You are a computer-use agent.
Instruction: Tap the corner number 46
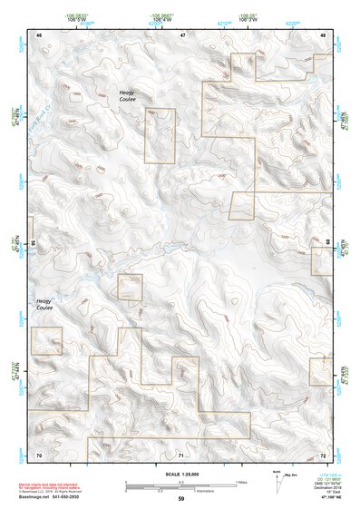[39, 34]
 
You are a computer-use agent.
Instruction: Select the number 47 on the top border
[182, 34]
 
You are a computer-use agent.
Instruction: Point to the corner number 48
[324, 34]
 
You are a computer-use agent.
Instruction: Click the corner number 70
[39, 454]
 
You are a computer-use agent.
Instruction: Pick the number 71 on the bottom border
[181, 454]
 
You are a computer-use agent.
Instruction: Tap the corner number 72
[324, 454]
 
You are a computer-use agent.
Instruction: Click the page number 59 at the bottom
[181, 499]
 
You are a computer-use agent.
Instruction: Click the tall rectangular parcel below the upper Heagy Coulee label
[160, 136]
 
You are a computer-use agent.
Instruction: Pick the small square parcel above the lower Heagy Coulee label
[130, 287]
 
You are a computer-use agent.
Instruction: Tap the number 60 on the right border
[327, 242]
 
